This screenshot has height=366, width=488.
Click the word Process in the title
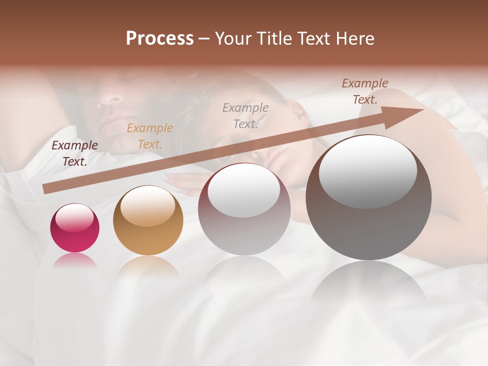click(160, 38)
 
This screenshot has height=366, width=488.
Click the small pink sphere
click(75, 228)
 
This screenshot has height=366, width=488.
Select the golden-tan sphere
click(148, 221)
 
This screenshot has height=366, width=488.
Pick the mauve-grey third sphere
click(244, 209)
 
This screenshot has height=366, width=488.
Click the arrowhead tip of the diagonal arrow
click(423, 109)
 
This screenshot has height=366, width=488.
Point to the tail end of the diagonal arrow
click(45, 189)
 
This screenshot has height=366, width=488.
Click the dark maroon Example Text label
click(75, 153)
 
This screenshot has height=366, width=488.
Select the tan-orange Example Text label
click(150, 136)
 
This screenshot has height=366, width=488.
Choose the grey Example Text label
click(246, 115)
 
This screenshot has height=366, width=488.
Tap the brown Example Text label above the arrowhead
click(365, 91)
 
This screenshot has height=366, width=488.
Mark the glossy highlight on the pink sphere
click(75, 218)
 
